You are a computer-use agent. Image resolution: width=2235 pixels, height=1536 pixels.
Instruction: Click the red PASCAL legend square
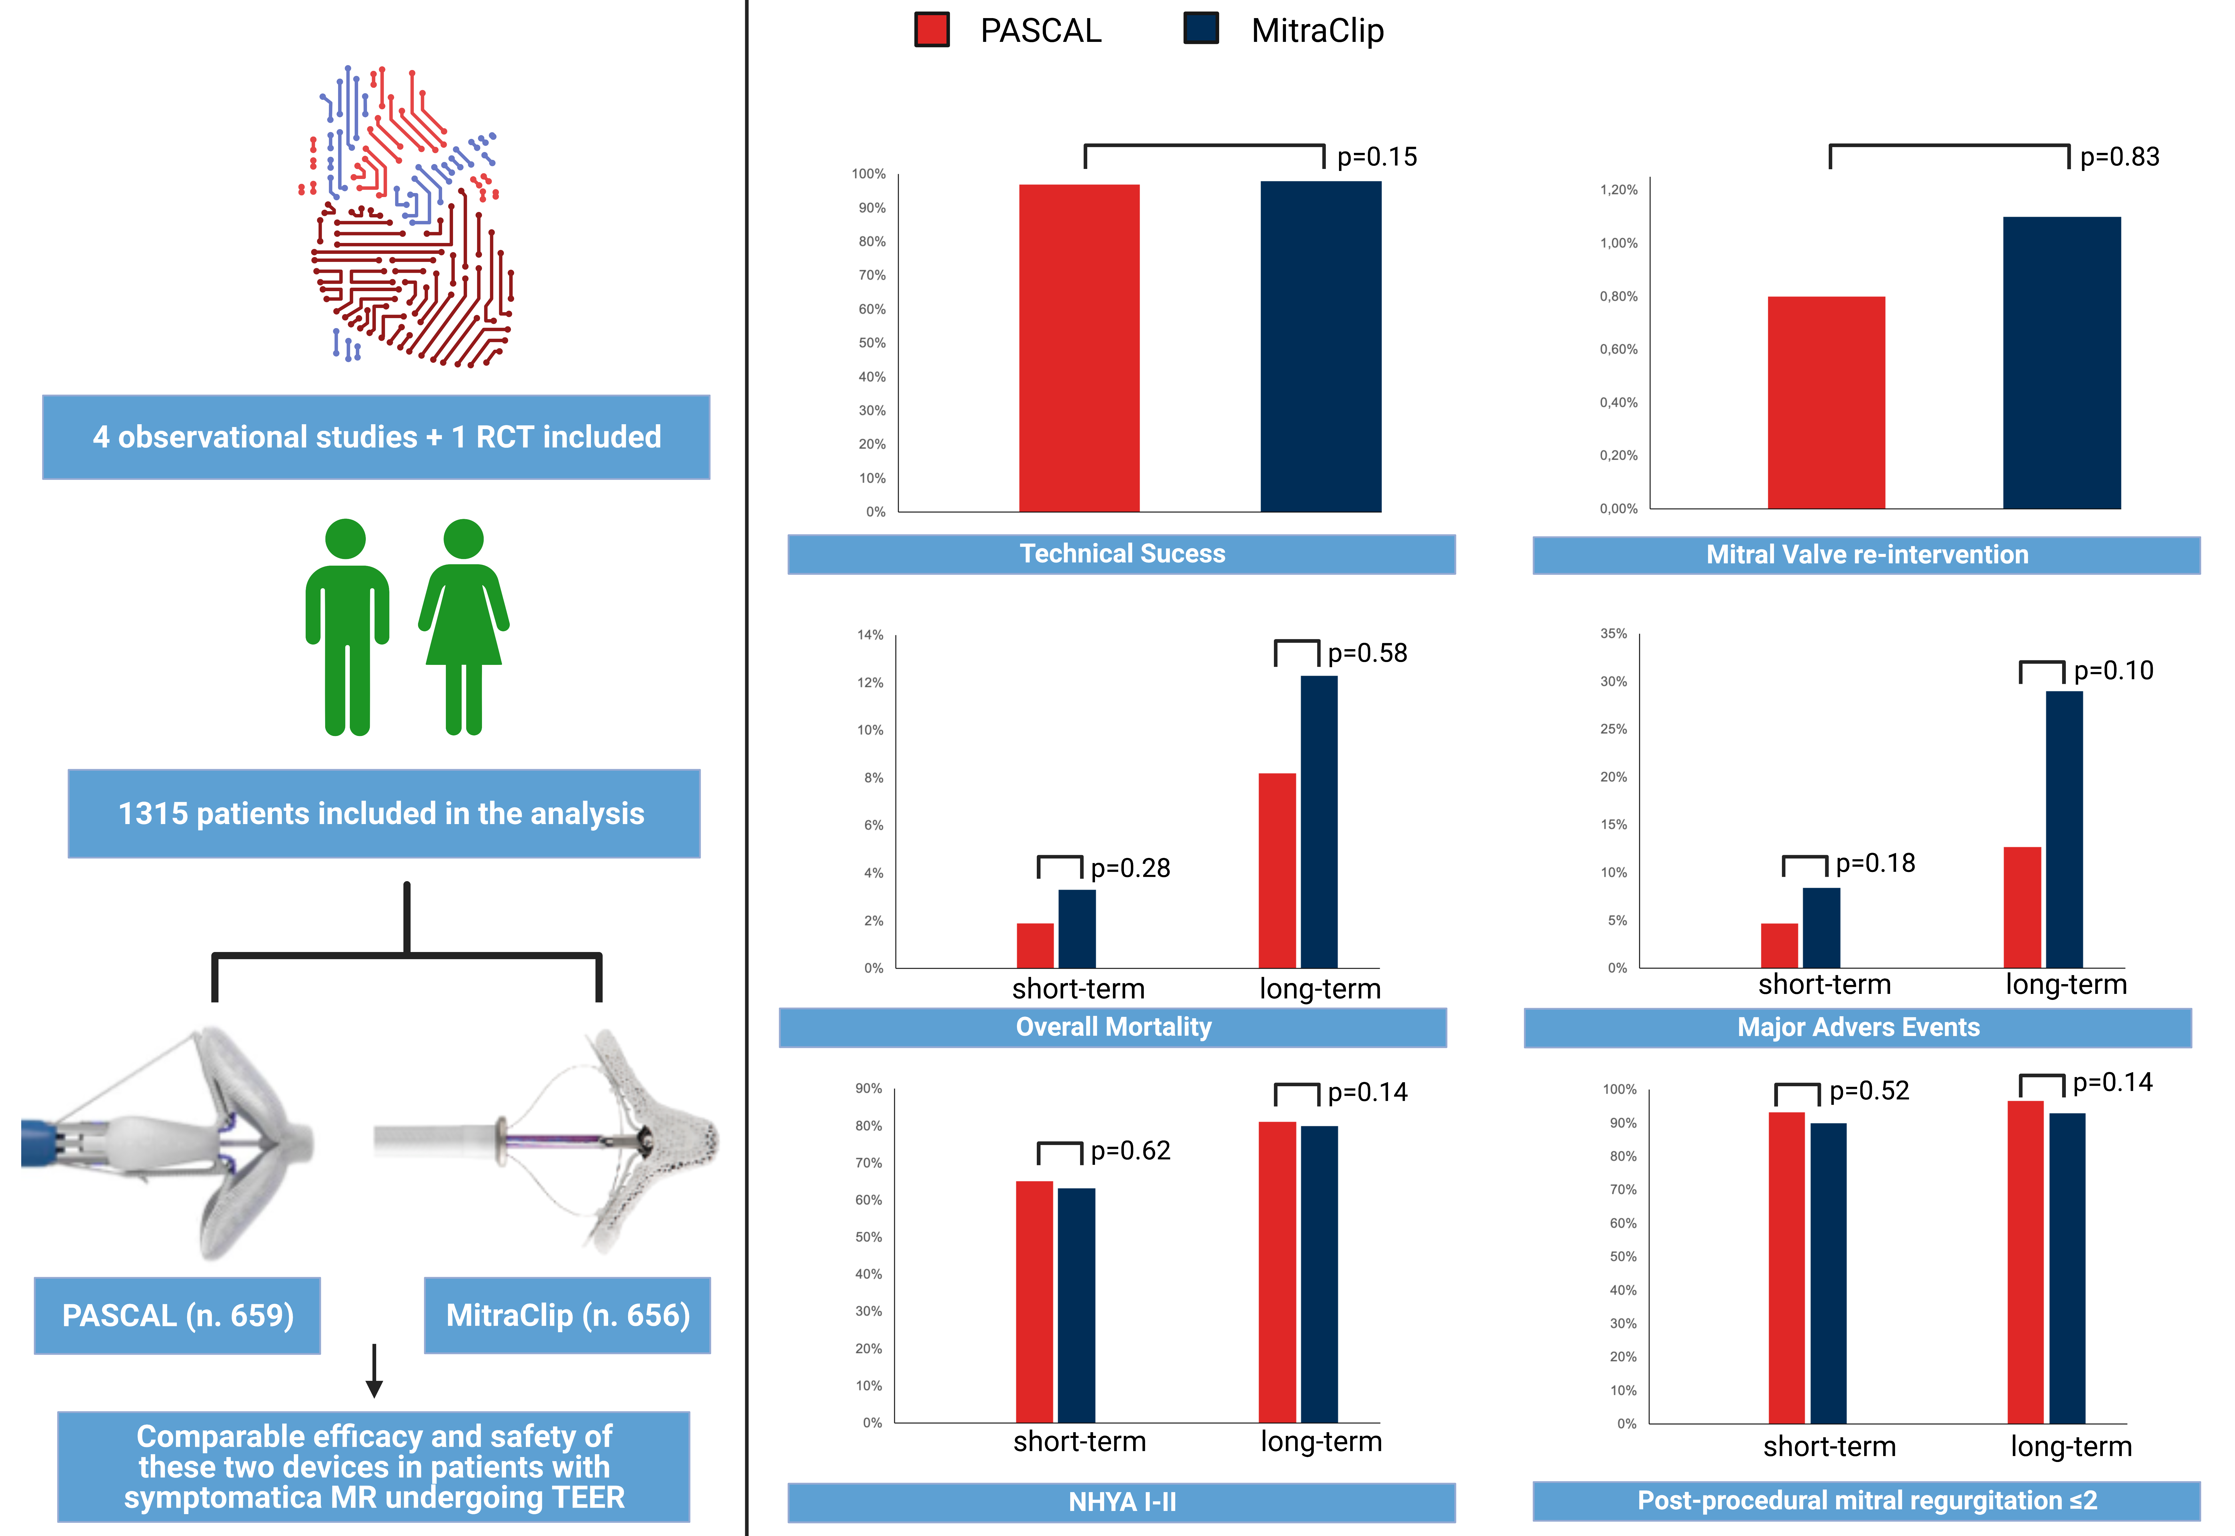pyautogui.click(x=931, y=30)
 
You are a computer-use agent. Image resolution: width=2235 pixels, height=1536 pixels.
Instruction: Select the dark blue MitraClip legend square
pyautogui.click(x=1201, y=29)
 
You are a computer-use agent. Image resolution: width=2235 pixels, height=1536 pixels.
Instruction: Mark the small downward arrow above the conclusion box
pyautogui.click(x=374, y=1371)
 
